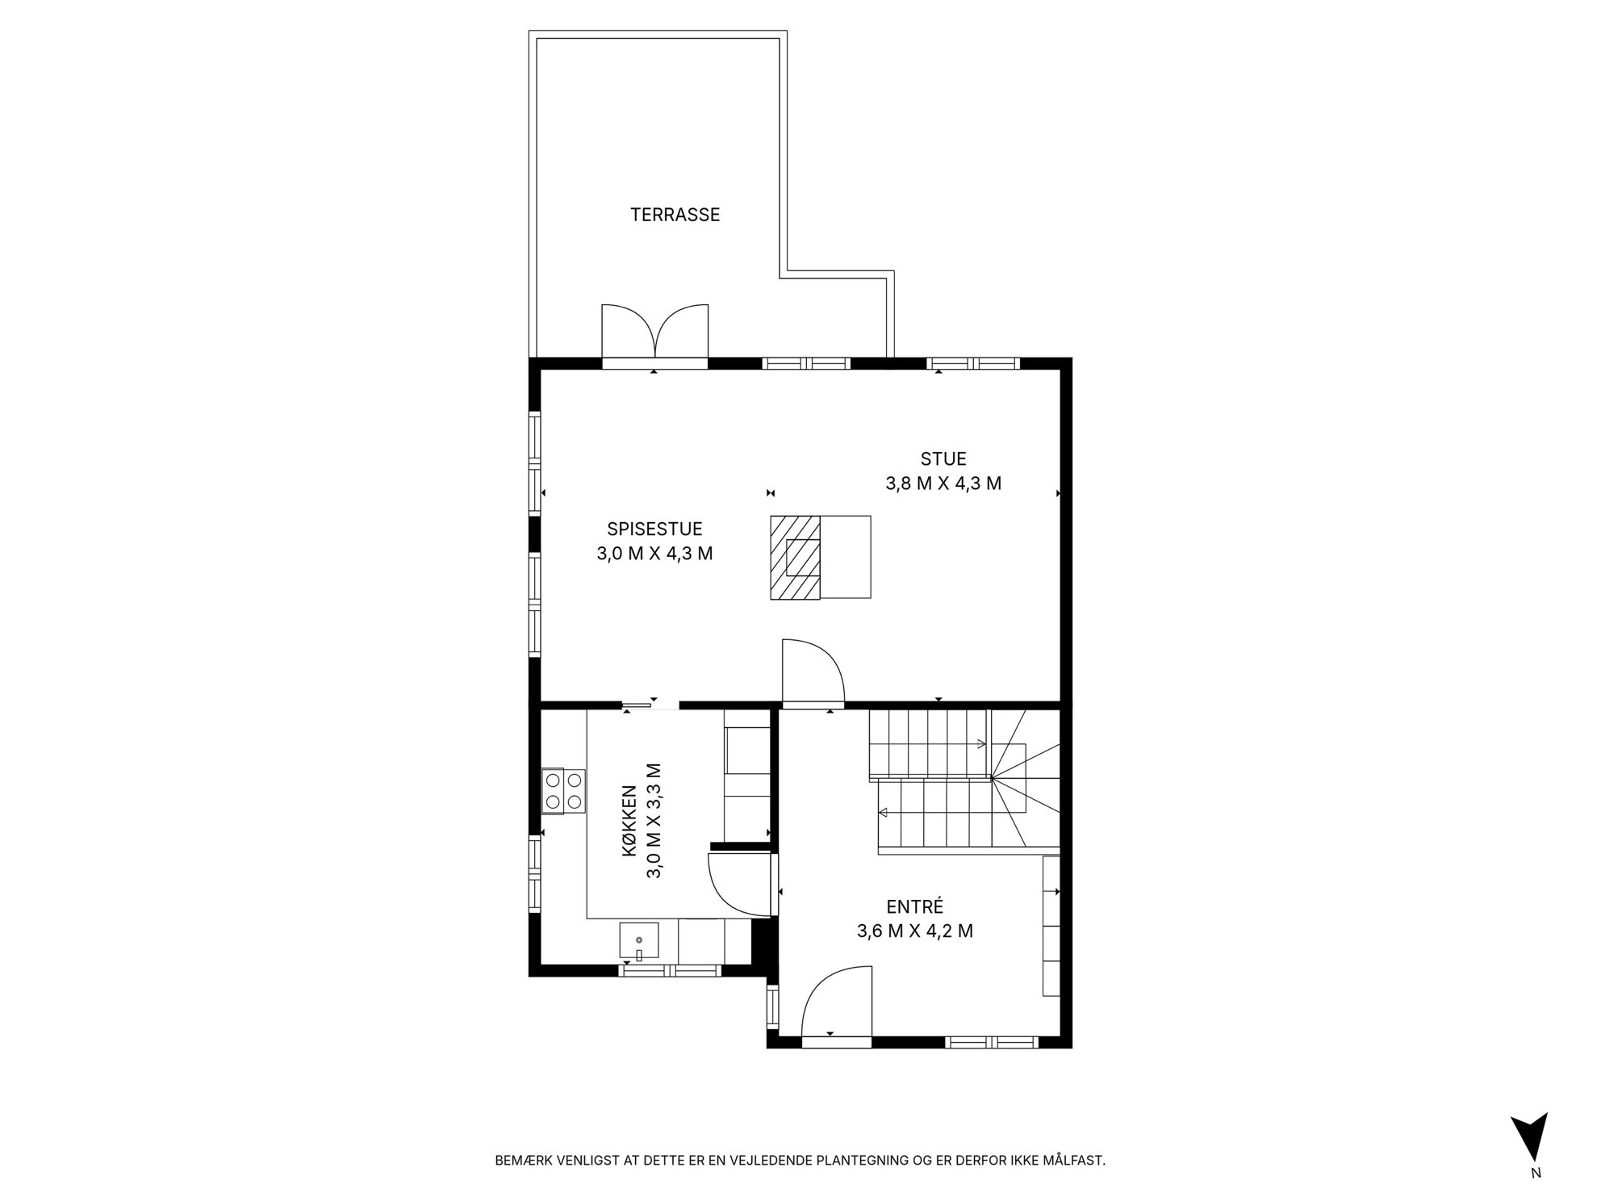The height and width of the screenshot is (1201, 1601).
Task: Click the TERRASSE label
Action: pos(675,215)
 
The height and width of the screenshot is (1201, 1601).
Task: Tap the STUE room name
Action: pos(943,459)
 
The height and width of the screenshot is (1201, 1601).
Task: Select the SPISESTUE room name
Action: pos(654,529)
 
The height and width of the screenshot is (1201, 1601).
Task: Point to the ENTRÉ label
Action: pos(914,906)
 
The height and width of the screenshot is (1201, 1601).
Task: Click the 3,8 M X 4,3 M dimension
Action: pos(943,483)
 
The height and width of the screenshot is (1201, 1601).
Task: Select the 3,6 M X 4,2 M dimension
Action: pos(914,931)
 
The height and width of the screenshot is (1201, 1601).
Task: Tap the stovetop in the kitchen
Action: pos(562,791)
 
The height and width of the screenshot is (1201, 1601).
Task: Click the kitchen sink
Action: pos(639,943)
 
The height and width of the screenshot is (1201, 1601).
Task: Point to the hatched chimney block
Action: pos(796,557)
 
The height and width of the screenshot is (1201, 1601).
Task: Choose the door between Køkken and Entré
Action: pos(738,883)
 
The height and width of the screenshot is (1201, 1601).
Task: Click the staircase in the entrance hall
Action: pos(964,780)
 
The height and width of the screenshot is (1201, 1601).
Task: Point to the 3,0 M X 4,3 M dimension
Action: pos(654,554)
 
